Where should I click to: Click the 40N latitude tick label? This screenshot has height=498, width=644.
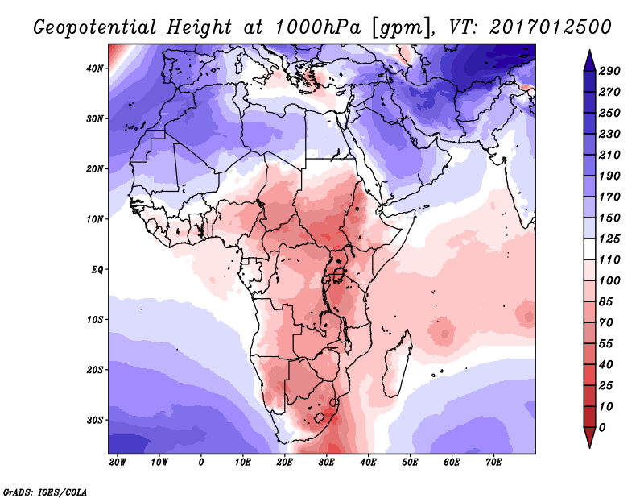pos(94,68)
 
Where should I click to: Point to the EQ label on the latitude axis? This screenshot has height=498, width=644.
pos(96,269)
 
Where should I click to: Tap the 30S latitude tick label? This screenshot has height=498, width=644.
pos(94,420)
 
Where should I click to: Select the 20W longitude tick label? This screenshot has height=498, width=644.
pos(117,463)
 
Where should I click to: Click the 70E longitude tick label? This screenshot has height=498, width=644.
pos(493,463)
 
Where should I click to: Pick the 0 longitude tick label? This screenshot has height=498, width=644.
pos(200,463)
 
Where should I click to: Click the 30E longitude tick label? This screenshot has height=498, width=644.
pos(326,463)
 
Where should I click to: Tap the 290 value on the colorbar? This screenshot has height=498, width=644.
pos(609,72)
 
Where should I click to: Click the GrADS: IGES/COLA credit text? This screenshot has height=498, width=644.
pos(45,490)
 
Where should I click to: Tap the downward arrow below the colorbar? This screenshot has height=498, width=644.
pos(589,438)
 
